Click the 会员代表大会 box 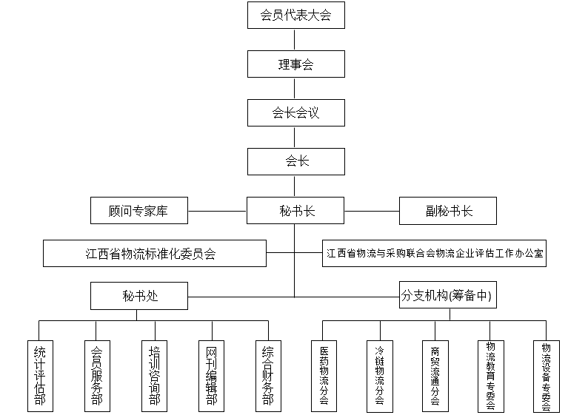pos(295,15)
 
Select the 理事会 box pos(295,64)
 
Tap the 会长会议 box pos(295,113)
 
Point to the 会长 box pos(295,161)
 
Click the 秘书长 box pos(295,211)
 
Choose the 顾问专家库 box pos(138,211)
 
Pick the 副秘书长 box pos(447,211)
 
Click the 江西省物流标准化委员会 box pos(154,253)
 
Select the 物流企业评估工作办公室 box pos(435,253)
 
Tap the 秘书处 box pos(138,297)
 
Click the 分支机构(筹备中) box pos(447,297)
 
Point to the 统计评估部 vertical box pos(40,376)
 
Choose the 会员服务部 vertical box pos(97,376)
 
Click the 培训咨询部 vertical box pos(154,376)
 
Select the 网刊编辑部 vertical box pos(212,376)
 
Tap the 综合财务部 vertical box pos(268,376)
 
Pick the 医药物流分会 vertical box pos(324,376)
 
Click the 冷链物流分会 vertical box pos(379,376)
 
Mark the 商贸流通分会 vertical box pos(435,376)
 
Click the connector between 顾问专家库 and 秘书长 pos(217,211)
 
